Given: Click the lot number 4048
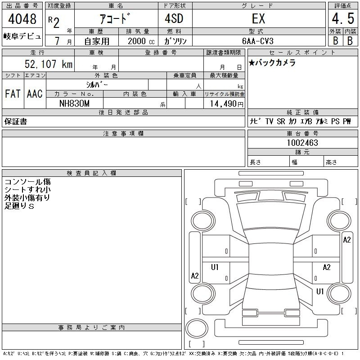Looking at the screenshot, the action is point(22,19).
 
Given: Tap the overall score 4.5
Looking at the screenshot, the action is point(343,18).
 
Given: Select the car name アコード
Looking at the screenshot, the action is point(115,18).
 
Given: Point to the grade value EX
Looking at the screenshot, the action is point(258,19).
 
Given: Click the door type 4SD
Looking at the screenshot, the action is point(174,18).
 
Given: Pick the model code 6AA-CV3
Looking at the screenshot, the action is point(258,41).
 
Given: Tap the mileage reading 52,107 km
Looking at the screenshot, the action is point(49,64).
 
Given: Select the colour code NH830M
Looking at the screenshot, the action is point(74,103).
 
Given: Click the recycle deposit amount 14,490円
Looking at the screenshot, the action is point(226,104).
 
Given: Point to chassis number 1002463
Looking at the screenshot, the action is point(302,143).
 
